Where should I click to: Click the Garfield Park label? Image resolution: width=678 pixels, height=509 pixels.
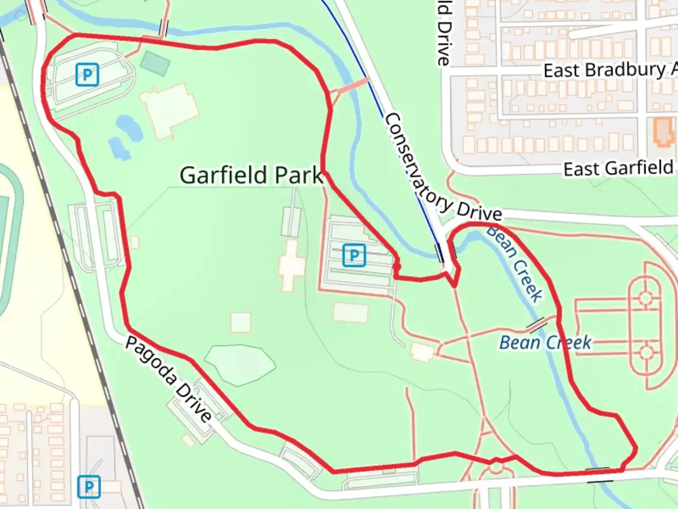coord(251,175)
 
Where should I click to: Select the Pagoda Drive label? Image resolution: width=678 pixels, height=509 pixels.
coord(168,379)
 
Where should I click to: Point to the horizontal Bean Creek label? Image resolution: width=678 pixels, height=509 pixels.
coord(545,343)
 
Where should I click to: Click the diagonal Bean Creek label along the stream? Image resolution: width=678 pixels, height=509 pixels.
coord(516,264)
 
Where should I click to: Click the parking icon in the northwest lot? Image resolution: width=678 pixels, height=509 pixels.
coord(87,74)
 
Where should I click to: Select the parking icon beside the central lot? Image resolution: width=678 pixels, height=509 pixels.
coord(354,255)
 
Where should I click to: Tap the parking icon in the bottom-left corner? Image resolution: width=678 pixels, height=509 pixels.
coord(89,487)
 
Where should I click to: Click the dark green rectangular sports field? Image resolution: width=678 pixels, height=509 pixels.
coord(155,63)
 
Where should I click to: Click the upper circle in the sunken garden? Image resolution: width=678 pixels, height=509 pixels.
coord(645,298)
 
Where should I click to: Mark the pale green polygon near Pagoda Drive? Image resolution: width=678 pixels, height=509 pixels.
coord(240,364)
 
